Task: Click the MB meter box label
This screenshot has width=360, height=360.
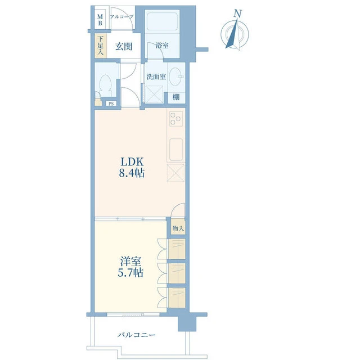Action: point(100,20)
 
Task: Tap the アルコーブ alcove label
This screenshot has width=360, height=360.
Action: point(121,17)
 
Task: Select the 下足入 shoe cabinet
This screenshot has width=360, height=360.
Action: point(101,46)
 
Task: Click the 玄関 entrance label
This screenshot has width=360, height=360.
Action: point(124,47)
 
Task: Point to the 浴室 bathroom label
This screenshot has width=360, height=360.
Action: point(162,45)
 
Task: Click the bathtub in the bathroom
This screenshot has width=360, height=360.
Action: point(162,21)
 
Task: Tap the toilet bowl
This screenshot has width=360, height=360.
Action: point(105,85)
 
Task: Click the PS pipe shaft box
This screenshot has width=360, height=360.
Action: point(111,103)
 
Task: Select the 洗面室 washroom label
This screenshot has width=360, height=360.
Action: point(156,76)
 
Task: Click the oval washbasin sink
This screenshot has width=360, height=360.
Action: point(175,76)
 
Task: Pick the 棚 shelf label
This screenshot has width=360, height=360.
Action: point(176,97)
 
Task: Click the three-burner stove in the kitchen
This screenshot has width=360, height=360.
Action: point(176,119)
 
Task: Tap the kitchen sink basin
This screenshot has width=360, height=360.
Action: point(176,150)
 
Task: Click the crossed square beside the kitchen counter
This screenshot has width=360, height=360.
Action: point(176,173)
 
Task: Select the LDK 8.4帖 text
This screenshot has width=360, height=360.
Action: point(132,168)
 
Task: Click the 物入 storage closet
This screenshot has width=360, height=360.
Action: point(178,228)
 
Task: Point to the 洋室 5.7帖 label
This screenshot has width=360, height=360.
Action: point(130,267)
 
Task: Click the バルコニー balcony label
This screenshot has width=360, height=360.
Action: point(137,335)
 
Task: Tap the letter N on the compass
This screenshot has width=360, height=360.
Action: point(238,13)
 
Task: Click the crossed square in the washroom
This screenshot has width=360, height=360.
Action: point(154,94)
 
